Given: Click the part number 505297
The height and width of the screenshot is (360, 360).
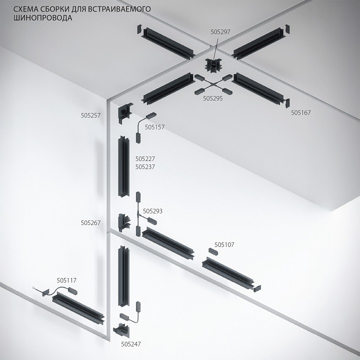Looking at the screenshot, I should click(220, 31).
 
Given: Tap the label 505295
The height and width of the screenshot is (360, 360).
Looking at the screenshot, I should click(212, 98).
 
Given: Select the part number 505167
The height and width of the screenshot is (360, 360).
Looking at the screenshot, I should click(301, 112).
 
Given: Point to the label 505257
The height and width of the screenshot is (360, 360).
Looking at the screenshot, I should click(90, 115).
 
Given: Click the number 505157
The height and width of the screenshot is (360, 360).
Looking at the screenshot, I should click(154, 127).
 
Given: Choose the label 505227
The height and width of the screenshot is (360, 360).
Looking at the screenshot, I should click(145, 158).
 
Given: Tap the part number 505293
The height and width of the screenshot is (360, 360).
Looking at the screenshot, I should click(152, 211).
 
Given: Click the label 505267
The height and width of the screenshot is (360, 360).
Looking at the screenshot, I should click(90, 223).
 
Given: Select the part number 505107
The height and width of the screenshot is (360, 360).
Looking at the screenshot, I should click(224, 244).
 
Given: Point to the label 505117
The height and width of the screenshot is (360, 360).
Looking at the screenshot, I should click(66, 280).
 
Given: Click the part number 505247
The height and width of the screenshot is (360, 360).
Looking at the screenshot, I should click(131, 344).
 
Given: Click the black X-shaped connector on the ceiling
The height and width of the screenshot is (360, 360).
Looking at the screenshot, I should click(213, 83).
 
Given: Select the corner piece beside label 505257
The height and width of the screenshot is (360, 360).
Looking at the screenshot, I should click(124, 113).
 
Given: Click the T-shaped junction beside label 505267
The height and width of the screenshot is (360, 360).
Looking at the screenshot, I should click(122, 221).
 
